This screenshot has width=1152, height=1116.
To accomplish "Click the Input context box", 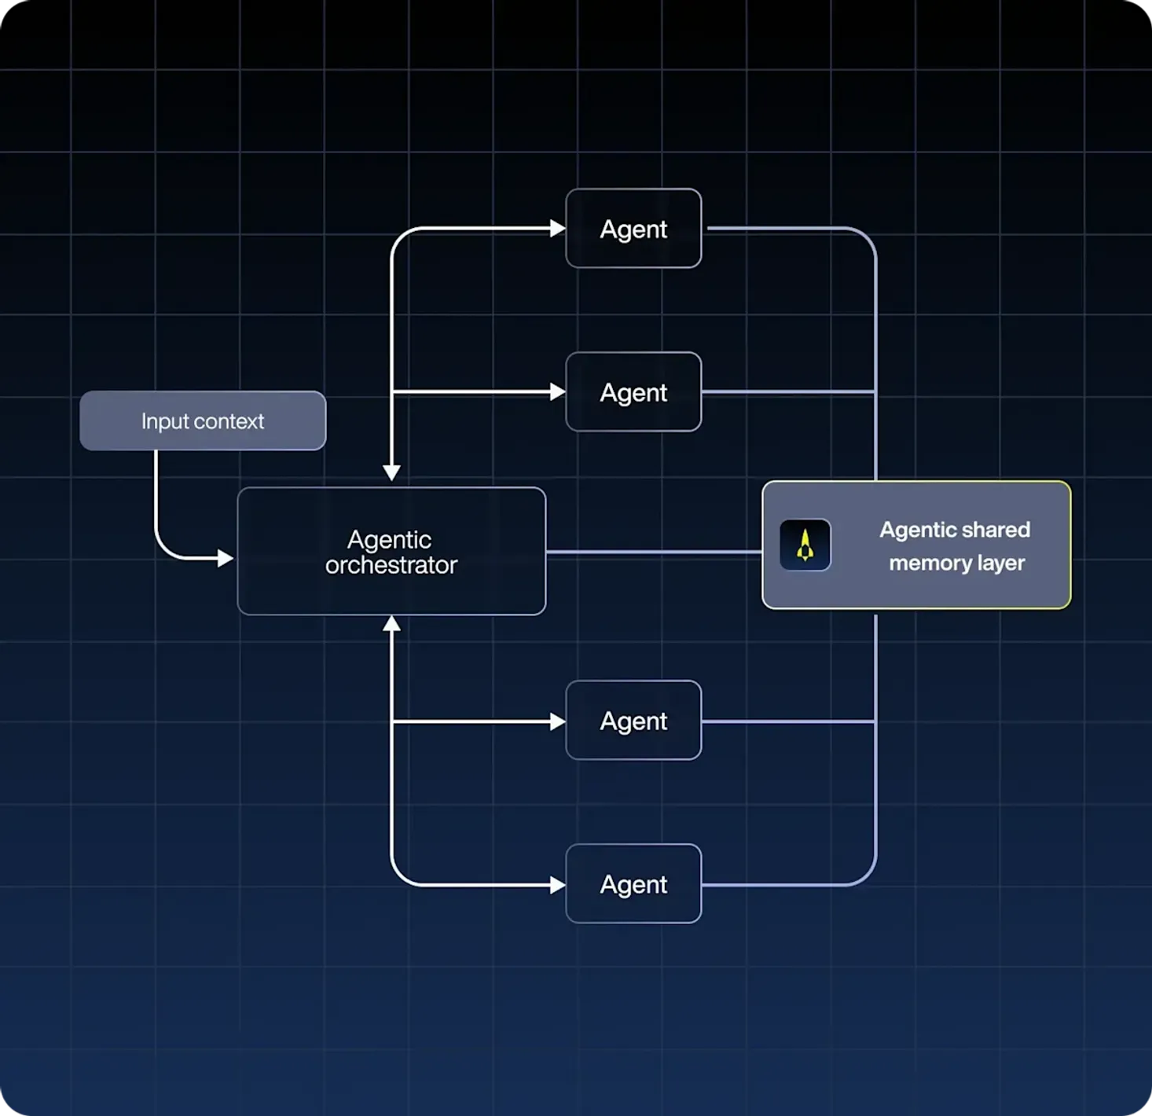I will coord(203,420).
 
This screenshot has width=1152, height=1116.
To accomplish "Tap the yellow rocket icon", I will coord(805,545).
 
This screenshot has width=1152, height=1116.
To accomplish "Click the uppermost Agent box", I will coord(633,229).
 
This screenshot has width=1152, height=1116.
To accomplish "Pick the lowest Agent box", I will coord(633,884).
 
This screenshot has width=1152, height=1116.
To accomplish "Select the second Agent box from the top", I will coord(633,392).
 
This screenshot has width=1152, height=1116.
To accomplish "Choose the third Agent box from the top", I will coord(633,721).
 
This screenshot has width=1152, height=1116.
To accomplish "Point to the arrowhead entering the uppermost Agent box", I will coord(558,229).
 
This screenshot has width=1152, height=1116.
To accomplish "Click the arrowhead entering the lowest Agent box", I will coord(558,885).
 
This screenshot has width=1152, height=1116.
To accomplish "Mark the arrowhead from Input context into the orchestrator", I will coord(226,559).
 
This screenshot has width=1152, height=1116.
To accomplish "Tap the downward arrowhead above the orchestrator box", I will coord(391,472).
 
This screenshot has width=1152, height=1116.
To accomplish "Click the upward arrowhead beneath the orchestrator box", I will coord(391,624).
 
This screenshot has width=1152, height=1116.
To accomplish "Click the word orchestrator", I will coord(391,565).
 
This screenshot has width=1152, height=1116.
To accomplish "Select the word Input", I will coord(165,421).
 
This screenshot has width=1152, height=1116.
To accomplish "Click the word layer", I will coord(1001,564).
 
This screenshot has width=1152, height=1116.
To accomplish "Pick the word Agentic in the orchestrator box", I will coord(389,540).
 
